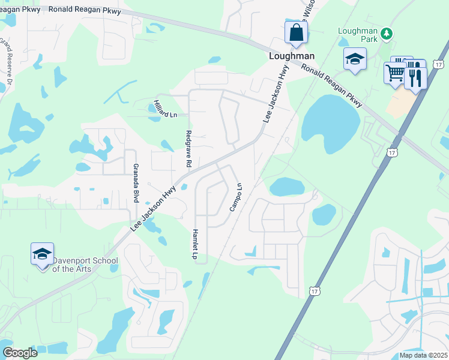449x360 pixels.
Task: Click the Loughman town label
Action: click(291, 56)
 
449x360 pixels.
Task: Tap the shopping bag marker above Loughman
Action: click(296, 33)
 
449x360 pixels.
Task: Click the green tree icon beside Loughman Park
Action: click(388, 32)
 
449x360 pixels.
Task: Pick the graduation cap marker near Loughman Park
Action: click(355, 60)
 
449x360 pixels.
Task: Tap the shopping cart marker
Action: click(394, 73)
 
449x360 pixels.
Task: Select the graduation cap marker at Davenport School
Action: click(43, 255)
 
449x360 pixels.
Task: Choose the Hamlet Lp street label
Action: click(195, 244)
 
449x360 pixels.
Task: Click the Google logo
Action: click(20, 353)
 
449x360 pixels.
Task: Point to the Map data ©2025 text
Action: click(423, 355)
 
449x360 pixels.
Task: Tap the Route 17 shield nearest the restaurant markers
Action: click(439, 64)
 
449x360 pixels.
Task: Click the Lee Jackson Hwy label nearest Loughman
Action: click(276, 94)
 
